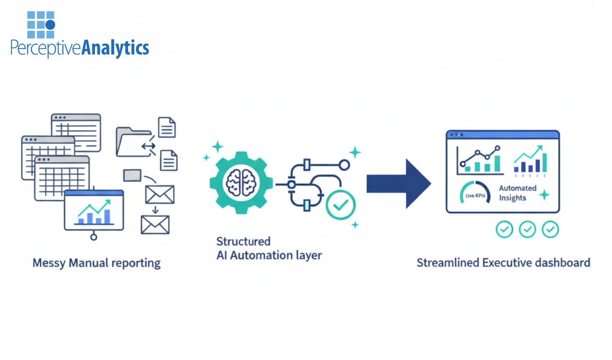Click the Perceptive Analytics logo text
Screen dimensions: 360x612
(x=80, y=48)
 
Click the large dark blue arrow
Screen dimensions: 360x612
(x=398, y=184)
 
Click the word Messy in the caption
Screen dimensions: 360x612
(x=49, y=263)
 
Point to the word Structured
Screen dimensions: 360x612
(x=243, y=241)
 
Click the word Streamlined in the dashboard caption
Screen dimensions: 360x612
(x=447, y=263)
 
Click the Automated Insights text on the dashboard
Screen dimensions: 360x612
(x=517, y=193)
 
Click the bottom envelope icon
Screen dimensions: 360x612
(x=155, y=224)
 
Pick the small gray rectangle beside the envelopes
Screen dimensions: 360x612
(x=132, y=176)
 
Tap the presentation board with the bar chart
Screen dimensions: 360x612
(x=94, y=211)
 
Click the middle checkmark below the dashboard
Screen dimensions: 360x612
(x=528, y=229)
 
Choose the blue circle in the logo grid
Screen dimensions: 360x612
(x=50, y=24)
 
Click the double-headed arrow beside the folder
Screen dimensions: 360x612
(x=148, y=146)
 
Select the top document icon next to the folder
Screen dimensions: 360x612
(x=167, y=127)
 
